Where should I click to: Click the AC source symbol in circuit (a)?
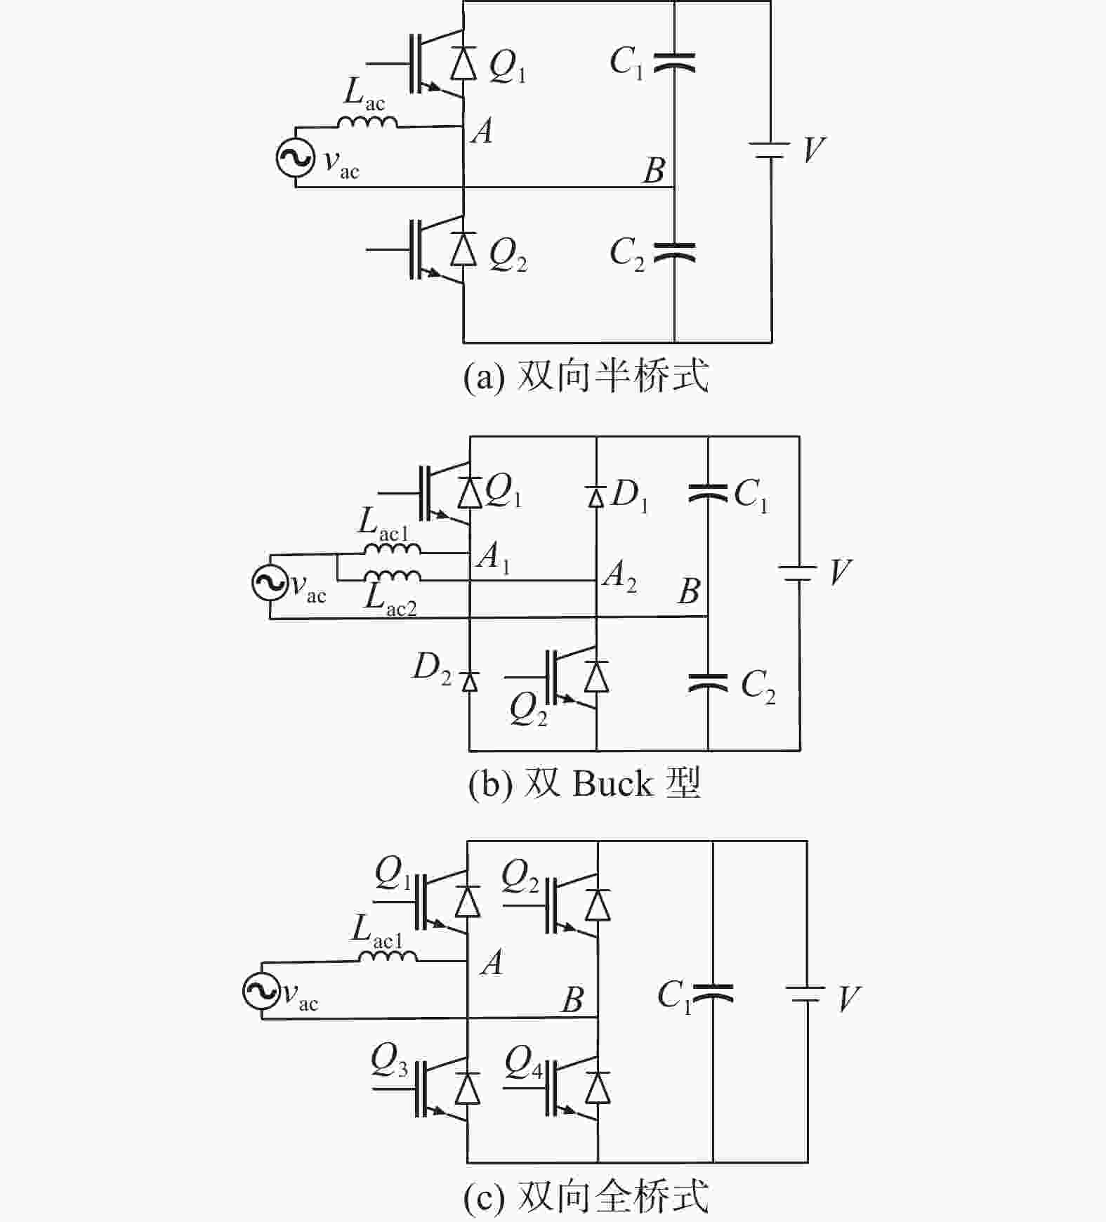[295, 158]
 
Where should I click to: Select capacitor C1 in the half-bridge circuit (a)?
[674, 63]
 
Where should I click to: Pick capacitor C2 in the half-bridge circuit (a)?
[674, 253]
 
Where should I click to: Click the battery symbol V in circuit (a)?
[771, 150]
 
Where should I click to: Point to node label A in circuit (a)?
[482, 131]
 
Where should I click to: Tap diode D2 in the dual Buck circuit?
[469, 681]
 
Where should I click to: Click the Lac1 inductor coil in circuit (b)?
[393, 548]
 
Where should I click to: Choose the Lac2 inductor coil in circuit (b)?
[393, 576]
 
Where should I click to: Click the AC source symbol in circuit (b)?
[270, 582]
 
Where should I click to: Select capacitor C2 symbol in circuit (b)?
[708, 682]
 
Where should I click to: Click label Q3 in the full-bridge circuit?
[389, 1060]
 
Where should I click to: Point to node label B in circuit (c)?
[573, 999]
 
